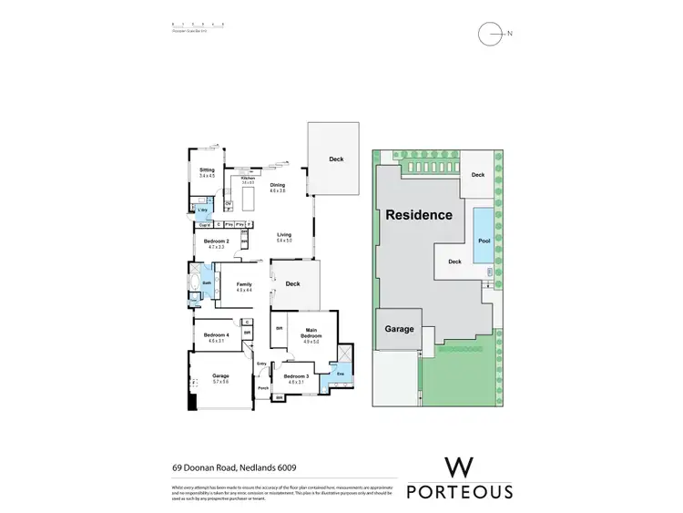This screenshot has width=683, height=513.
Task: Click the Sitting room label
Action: pos(207,170)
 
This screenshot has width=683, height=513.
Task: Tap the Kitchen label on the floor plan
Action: pos(247,179)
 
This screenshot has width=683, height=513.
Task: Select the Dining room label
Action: pos(278,185)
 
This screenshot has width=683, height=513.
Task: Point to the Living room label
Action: pos(284,235)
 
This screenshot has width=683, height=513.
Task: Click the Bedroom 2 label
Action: pos(216,241)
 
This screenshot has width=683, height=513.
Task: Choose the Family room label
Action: pos(243,284)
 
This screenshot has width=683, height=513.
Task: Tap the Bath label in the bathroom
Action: pos(208,283)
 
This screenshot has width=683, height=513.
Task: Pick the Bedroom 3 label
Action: pos(295,377)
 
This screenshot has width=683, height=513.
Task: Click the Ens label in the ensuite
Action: pos(340,374)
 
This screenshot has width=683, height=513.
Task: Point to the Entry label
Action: pos(261,364)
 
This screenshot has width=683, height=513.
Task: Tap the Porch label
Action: pos(262,388)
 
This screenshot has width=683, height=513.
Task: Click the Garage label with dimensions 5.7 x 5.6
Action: pos(220,376)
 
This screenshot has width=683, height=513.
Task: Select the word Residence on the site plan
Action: pos(418,215)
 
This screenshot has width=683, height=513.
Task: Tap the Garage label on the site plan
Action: pos(400,329)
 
